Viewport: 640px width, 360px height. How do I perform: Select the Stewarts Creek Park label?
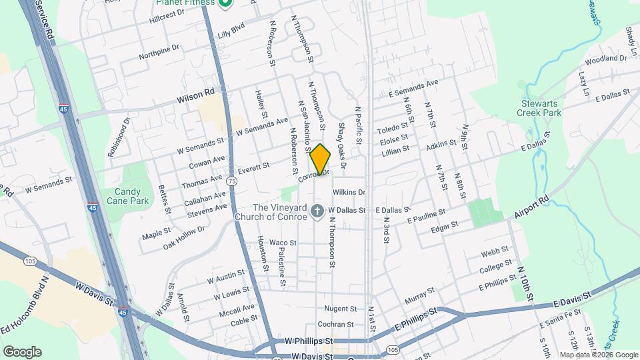click(x=539, y=107)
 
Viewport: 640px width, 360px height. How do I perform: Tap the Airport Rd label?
click(x=531, y=207)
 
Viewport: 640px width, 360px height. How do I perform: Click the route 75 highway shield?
click(x=231, y=181)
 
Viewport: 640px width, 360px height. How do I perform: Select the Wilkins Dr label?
click(x=350, y=192)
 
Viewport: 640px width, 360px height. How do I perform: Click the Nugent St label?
click(x=341, y=309)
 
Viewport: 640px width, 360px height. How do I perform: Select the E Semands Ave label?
click(x=413, y=87)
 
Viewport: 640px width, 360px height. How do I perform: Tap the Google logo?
click(x=22, y=352)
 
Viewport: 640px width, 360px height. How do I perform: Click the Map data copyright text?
click(x=597, y=355)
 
